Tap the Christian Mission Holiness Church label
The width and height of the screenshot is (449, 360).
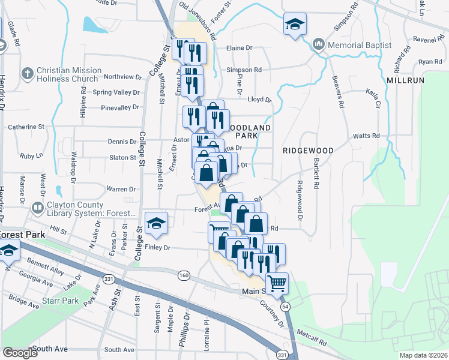click(x=67, y=74)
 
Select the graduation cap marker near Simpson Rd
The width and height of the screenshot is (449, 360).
click(x=294, y=25)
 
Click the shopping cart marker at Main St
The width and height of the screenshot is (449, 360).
click(x=277, y=282)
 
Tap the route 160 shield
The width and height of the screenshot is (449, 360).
click(x=184, y=275)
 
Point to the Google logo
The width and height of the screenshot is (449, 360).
click(x=20, y=353)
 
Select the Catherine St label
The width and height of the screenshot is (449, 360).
click(x=26, y=127)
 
